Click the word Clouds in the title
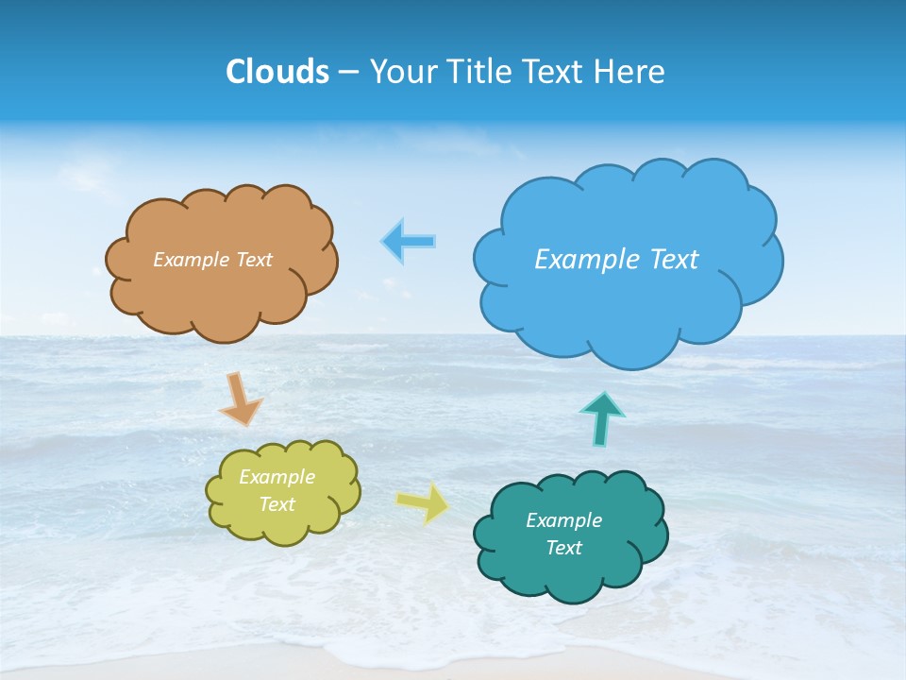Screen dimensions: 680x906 [x=277, y=72]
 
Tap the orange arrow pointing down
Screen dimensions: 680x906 [x=241, y=399]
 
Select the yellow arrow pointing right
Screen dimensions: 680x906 [x=424, y=503]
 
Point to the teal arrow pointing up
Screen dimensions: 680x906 [x=601, y=418]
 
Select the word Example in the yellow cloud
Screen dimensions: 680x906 [x=277, y=478]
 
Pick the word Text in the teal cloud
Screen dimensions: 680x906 [x=564, y=548]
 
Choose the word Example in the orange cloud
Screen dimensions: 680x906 [x=189, y=260]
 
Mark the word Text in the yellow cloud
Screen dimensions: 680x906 [x=277, y=504]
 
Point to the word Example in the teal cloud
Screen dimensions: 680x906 [x=564, y=520]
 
